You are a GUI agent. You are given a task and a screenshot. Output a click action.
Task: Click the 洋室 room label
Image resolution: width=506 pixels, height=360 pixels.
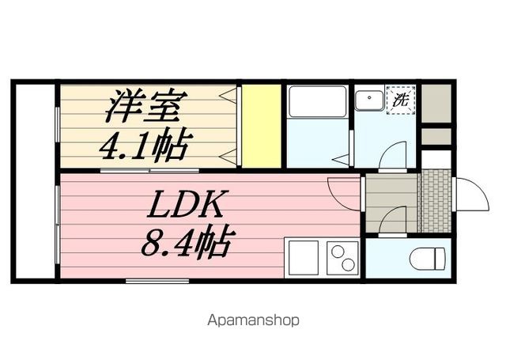pyautogui.click(x=146, y=106)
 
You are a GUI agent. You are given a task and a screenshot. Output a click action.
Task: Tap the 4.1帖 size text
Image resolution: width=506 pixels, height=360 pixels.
pyautogui.click(x=145, y=145)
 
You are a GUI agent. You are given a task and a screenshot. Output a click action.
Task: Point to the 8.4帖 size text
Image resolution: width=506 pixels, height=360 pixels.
pyautogui.click(x=187, y=243)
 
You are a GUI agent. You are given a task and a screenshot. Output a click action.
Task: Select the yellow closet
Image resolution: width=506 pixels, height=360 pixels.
pyautogui.click(x=262, y=126)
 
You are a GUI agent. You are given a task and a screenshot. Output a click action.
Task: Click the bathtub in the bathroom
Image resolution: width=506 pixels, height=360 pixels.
pyautogui.click(x=318, y=101)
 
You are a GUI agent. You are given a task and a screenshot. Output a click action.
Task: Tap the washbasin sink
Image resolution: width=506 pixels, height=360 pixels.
pyautogui.click(x=369, y=100)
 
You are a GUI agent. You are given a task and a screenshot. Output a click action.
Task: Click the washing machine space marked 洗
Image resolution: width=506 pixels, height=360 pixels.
pyautogui.click(x=401, y=100)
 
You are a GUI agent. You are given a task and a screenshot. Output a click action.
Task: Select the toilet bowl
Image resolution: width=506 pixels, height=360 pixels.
pyautogui.click(x=427, y=258)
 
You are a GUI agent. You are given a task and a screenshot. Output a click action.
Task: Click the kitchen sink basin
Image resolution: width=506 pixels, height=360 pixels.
pyautogui.click(x=304, y=258)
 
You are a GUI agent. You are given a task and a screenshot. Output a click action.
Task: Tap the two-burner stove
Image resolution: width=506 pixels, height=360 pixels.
pyautogui.click(x=342, y=258)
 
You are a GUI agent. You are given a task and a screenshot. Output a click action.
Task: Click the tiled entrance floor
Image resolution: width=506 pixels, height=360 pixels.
pyautogui.click(x=434, y=201)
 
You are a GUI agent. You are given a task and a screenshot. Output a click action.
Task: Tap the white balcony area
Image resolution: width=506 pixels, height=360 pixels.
pyautogui.click(x=36, y=181)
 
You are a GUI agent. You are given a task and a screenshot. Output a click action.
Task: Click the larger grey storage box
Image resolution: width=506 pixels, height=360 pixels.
pyautogui.click(x=436, y=104)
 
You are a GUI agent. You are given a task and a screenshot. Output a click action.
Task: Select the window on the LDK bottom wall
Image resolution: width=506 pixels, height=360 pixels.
pyautogui.click(x=157, y=281)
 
